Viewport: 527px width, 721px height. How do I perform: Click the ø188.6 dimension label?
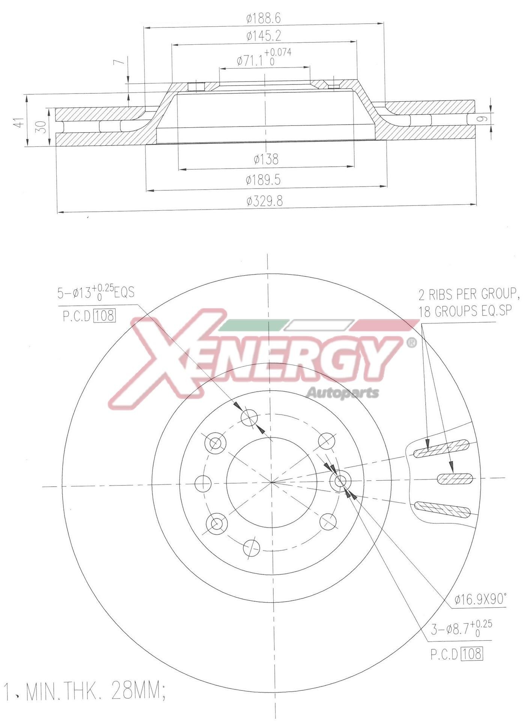[263, 18]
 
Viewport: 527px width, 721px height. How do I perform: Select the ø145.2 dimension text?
[263, 36]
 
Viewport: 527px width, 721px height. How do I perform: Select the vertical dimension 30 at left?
[42, 127]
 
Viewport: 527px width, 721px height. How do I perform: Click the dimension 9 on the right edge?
[484, 119]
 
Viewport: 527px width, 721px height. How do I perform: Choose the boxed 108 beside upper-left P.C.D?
[104, 315]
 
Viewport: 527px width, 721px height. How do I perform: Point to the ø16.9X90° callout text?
[480, 600]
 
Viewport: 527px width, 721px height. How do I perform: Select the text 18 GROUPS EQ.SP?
[466, 311]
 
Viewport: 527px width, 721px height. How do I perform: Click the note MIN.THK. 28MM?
[94, 691]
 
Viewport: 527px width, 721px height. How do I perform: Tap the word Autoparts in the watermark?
[343, 393]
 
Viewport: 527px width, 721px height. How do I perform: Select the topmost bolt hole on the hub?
[249, 418]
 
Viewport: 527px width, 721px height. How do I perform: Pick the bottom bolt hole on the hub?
[251, 548]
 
